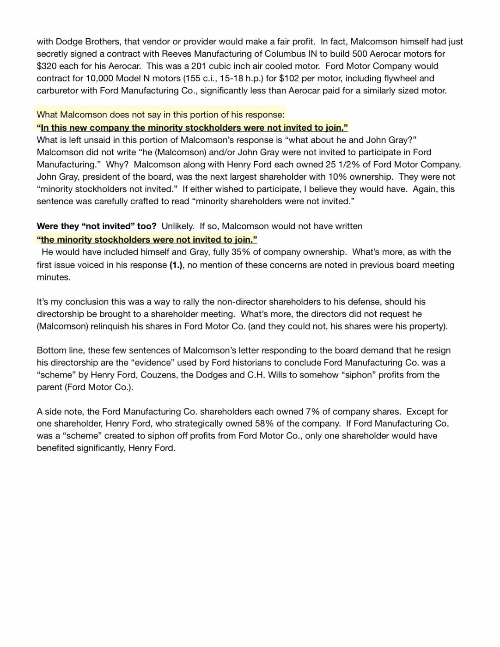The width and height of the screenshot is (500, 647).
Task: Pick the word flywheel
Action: click(x=401, y=79)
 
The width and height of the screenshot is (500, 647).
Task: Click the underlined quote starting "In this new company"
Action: click(x=192, y=128)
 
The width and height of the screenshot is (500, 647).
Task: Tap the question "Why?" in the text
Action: click(x=117, y=165)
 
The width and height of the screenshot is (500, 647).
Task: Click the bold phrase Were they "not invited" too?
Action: click(x=97, y=226)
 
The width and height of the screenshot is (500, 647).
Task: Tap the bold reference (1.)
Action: click(x=178, y=265)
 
